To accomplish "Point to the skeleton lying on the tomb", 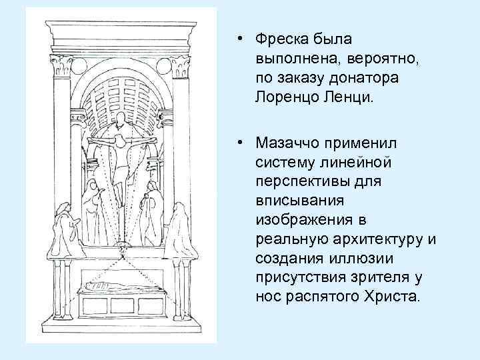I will click(x=120, y=287).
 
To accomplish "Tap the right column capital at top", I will click(x=180, y=66).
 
